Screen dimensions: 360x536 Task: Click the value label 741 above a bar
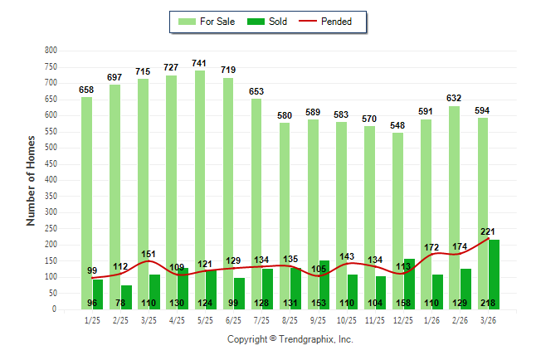pos(199,63)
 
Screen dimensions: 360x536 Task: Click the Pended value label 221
pos(489,231)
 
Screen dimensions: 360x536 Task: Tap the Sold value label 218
pos(489,304)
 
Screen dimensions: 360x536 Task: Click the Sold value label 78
pos(121,304)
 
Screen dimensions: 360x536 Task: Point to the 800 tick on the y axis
pos(51,51)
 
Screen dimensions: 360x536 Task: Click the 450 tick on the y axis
pos(51,164)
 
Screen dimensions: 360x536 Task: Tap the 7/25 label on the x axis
pos(261,319)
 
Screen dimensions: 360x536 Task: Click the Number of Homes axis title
pos(32,180)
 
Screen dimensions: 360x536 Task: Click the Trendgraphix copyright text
pos(290,339)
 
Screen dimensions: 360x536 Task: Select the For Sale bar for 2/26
pos(454,207)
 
